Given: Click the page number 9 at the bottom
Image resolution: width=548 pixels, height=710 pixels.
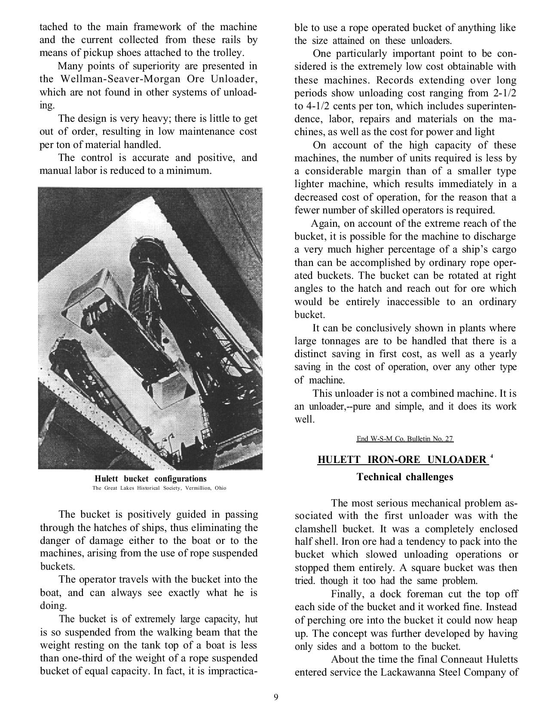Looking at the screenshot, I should [x=276, y=698].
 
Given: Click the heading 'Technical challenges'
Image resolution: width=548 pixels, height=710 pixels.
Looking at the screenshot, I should [x=405, y=477].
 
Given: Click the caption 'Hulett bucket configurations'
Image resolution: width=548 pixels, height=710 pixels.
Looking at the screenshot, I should [x=150, y=478].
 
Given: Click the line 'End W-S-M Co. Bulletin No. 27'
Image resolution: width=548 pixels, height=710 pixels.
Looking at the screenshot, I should [x=405, y=439].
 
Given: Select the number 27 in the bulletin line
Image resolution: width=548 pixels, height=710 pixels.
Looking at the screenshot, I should [x=449, y=439].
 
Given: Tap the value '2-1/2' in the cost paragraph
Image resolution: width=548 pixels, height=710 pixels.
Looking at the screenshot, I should [x=502, y=93].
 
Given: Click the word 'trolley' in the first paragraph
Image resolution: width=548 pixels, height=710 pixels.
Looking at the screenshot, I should [x=230, y=53].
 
